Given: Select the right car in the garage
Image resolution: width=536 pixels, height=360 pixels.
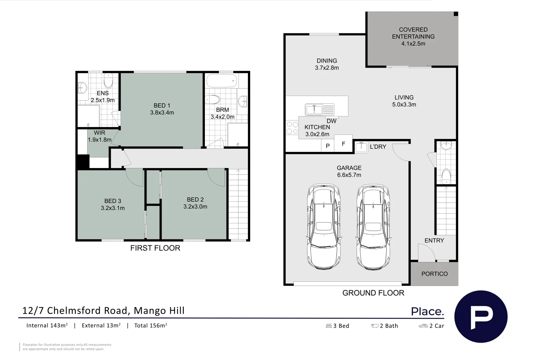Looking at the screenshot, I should [x=373, y=227].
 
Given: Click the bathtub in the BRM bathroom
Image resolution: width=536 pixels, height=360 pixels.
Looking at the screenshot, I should [x=222, y=81].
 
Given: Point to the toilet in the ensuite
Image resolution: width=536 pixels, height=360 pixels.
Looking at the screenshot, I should [x=109, y=80].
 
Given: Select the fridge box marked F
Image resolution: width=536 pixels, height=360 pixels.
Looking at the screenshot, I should [x=343, y=144].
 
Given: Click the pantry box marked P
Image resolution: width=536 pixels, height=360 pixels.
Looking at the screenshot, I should [x=327, y=146].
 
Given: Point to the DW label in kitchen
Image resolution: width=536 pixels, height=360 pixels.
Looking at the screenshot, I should [x=331, y=121].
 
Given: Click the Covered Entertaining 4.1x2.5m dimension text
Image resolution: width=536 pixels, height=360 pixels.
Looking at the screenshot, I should [x=413, y=44].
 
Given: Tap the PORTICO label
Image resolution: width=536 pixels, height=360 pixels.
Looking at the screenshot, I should [x=434, y=274].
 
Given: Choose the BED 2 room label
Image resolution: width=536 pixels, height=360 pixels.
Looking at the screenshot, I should [x=195, y=199].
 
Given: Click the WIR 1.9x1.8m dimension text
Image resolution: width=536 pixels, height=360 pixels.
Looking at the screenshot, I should [x=99, y=140].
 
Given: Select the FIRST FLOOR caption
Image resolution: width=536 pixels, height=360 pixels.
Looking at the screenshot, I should [x=155, y=248].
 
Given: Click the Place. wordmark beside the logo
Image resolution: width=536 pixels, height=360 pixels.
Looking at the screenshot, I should [x=427, y=312].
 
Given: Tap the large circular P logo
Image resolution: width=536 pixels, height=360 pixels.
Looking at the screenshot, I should [x=481, y=316].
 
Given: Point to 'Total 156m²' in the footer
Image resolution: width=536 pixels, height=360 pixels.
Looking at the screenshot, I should [x=151, y=326].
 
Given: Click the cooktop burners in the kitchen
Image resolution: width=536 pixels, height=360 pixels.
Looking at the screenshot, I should [x=292, y=128].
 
